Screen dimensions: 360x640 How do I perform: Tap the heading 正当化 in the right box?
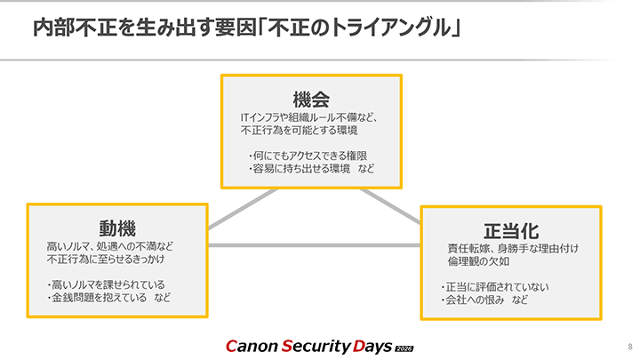pos(510,230)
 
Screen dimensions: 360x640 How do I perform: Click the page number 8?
pos(629,344)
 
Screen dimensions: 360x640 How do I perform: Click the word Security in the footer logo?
pos(318,344)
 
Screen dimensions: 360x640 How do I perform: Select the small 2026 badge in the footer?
pos(404,346)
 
